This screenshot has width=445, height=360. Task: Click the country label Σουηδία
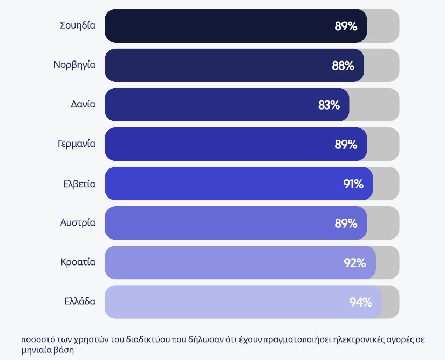pos(78,25)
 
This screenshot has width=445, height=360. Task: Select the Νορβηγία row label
pos(74,65)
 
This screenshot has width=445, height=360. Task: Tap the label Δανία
pos(83,104)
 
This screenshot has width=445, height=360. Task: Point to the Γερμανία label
pos(77,144)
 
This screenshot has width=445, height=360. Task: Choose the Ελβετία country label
pos(79,184)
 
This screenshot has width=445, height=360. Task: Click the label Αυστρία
pos(78,222)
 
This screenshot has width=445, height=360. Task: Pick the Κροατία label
pos(78,262)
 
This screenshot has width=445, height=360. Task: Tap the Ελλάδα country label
pos(80,301)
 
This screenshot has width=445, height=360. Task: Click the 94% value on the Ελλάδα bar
pos(360,302)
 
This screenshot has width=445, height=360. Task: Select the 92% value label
pos(355,263)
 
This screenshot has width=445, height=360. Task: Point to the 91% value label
pos(353,184)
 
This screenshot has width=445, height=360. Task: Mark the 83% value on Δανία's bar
pos(329,105)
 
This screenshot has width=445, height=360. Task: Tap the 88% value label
pos(343,66)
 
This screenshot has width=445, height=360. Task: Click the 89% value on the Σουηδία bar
pos(346,26)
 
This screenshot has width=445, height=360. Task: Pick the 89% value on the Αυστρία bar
pos(346,223)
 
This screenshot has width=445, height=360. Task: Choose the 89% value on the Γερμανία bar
pos(346,145)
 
